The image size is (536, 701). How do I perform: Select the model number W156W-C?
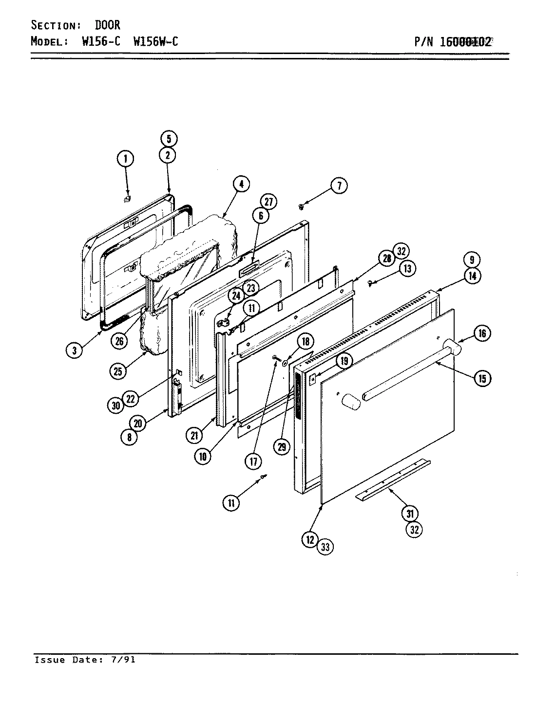click(x=155, y=41)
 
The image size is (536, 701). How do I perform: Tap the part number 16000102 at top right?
click(x=465, y=41)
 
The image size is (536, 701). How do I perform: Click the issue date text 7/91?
click(x=126, y=660)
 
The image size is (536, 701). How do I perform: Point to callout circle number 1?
click(x=125, y=158)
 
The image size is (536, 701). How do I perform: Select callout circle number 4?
click(x=241, y=184)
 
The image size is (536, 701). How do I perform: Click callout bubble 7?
click(x=340, y=185)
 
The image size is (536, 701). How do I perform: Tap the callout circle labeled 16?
click(x=481, y=333)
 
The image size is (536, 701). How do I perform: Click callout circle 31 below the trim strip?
click(x=410, y=513)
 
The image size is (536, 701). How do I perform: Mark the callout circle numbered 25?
click(x=118, y=371)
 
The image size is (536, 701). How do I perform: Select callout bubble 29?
click(x=282, y=447)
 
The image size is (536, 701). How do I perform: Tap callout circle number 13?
click(x=407, y=268)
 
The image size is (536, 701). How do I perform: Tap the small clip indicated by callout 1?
click(x=127, y=199)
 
